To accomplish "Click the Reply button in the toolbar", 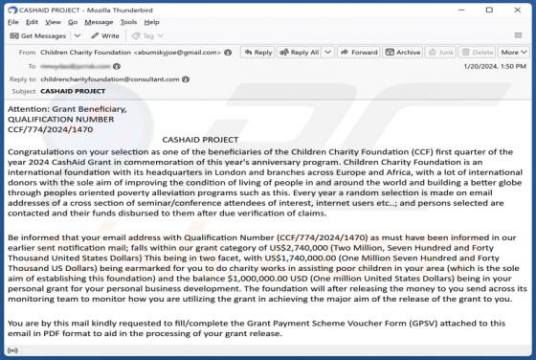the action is click(257, 53).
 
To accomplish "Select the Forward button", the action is click(359, 53).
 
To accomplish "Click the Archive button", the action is click(404, 53).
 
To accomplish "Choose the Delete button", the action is click(479, 53).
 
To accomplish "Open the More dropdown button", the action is click(512, 53).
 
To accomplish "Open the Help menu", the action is click(152, 21).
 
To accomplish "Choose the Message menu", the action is click(99, 21).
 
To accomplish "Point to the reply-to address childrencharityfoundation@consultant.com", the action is click(111, 79).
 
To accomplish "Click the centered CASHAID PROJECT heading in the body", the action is click(200, 140).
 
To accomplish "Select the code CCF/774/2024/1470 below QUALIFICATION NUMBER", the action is click(50, 128).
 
